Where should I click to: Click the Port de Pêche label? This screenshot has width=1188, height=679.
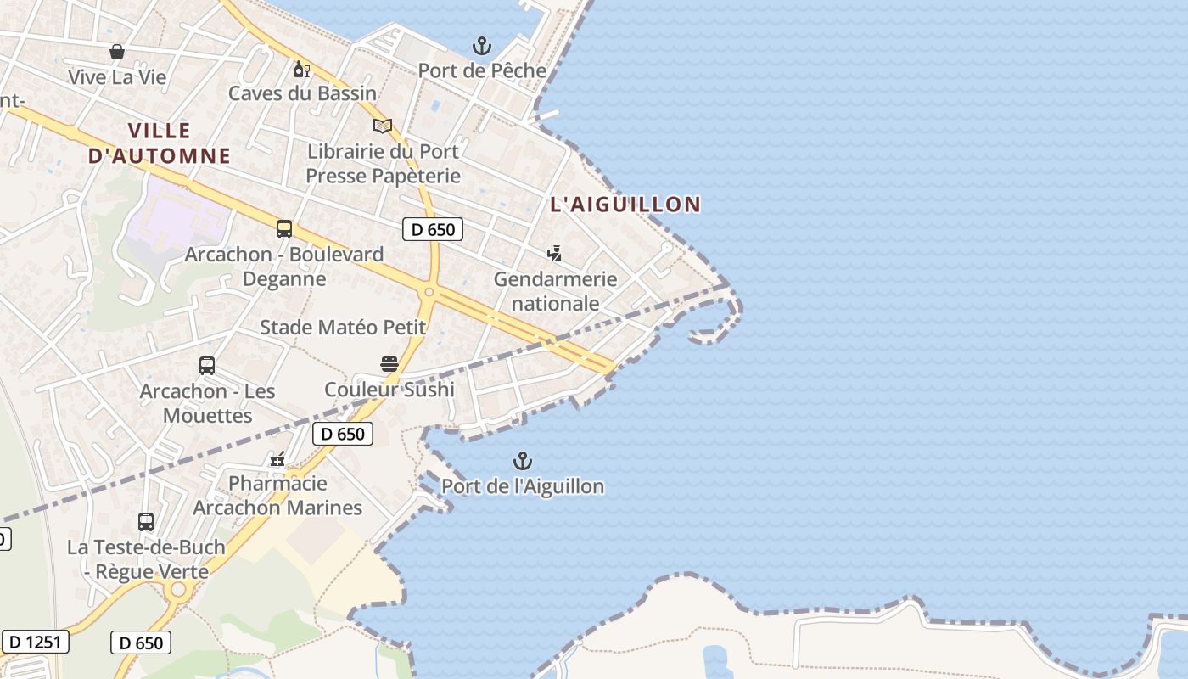(482, 70)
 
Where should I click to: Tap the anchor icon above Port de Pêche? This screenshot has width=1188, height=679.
(482, 46)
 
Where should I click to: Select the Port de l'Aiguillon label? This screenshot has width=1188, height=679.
(523, 486)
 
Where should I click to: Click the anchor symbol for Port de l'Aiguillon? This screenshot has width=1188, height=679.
(523, 462)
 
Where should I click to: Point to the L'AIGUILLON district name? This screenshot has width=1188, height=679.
(625, 205)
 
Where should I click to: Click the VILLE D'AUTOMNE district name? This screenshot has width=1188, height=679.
(160, 143)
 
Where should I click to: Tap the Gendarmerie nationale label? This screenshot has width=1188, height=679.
(555, 291)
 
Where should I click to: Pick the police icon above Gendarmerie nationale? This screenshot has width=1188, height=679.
(555, 253)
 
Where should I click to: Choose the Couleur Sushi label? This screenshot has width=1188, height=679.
(389, 390)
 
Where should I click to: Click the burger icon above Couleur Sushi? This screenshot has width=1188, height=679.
(389, 365)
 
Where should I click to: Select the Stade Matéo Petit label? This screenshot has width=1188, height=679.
(343, 328)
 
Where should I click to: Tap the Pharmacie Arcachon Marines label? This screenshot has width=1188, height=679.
(277, 496)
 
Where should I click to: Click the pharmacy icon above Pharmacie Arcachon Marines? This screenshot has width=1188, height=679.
(277, 460)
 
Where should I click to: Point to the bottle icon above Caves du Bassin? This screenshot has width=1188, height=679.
(300, 69)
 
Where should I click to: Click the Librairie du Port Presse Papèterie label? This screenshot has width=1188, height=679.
(383, 164)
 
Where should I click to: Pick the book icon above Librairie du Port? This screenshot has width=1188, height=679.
(383, 126)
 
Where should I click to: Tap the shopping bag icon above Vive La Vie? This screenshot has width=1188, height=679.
(117, 53)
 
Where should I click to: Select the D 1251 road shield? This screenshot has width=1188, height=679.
(35, 642)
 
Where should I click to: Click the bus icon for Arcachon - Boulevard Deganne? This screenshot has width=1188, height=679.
(284, 229)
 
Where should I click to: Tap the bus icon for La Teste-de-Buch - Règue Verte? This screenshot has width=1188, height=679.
(146, 522)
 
